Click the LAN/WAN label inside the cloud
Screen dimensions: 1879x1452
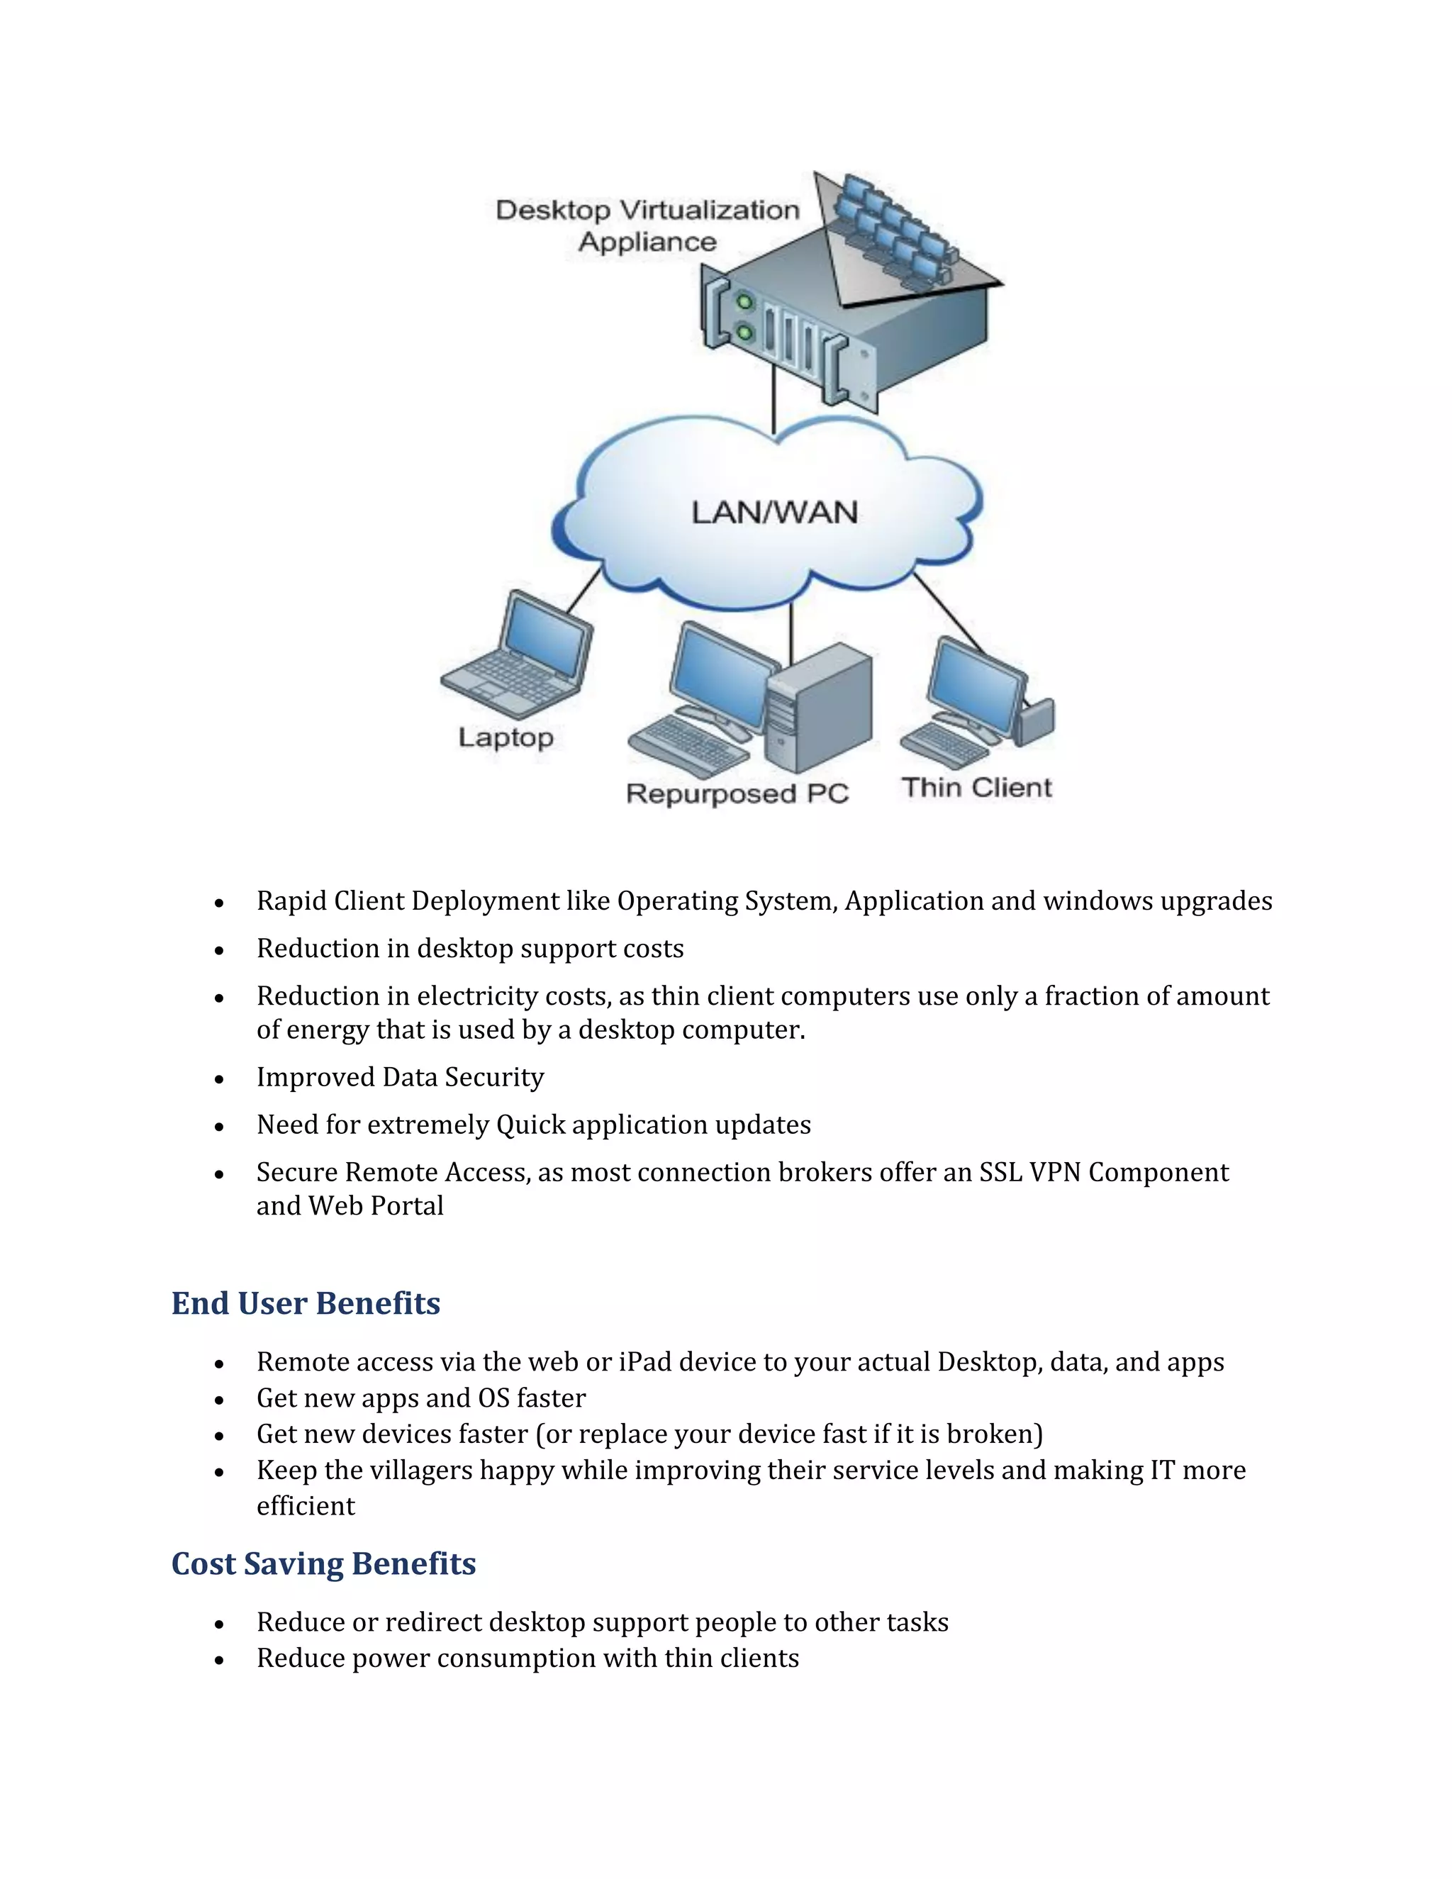(774, 513)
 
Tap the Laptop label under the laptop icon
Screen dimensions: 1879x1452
(506, 737)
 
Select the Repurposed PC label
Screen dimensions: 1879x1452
(737, 793)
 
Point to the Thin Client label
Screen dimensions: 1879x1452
(976, 787)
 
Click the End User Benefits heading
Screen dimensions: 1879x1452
(306, 1303)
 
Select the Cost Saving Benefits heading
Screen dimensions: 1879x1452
(323, 1563)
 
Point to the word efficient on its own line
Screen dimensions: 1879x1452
(306, 1505)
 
